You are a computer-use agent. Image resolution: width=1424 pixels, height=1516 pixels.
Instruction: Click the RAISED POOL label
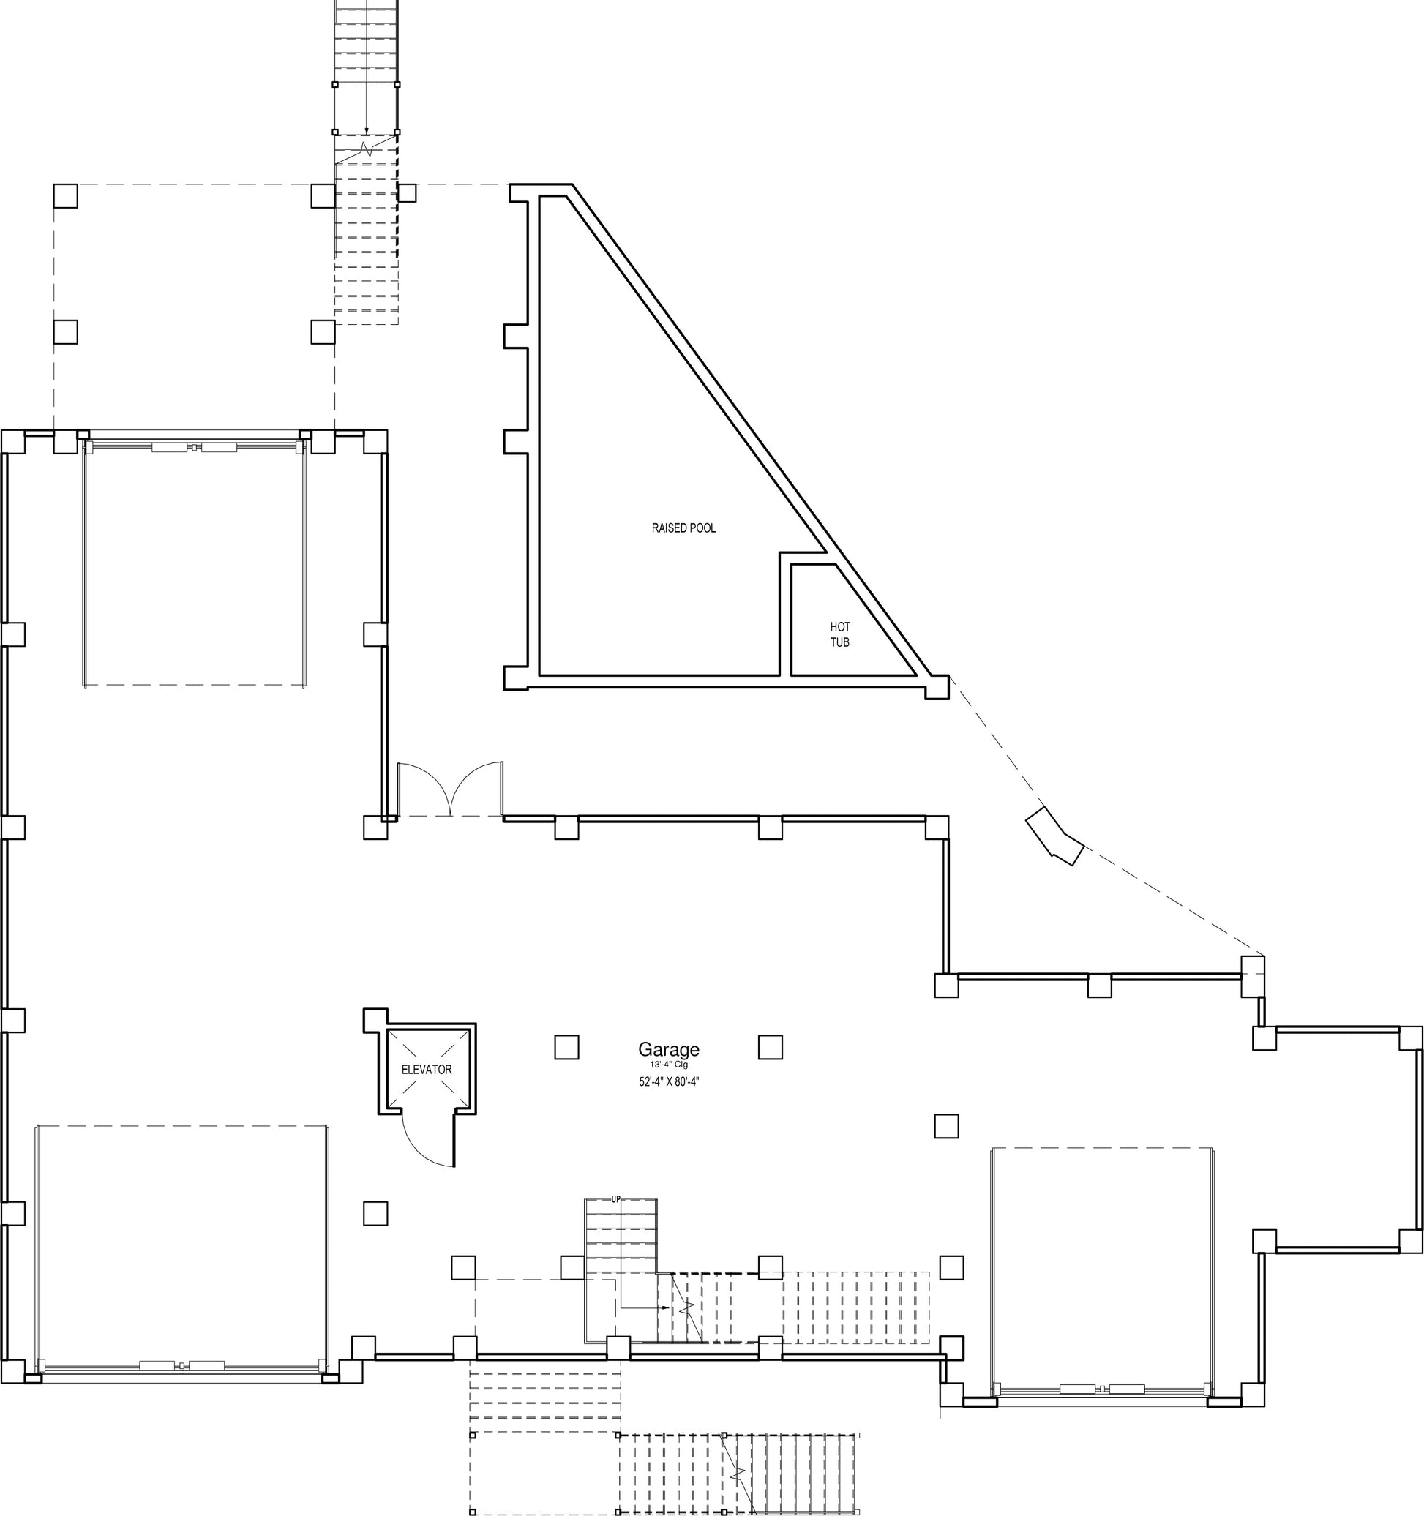pyautogui.click(x=683, y=528)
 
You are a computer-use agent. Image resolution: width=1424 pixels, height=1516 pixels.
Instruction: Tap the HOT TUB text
pyautogui.click(x=840, y=634)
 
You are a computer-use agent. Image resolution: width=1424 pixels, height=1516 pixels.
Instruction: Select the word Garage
pyautogui.click(x=669, y=1050)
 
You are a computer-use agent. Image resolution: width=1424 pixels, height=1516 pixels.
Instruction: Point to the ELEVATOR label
pyautogui.click(x=427, y=1069)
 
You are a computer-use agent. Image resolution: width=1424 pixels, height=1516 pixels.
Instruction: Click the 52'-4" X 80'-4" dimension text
pyautogui.click(x=669, y=1081)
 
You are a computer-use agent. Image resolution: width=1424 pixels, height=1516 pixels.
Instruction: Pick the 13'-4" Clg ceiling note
pyautogui.click(x=669, y=1064)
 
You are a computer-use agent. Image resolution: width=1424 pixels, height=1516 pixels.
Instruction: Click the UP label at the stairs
pyautogui.click(x=615, y=1199)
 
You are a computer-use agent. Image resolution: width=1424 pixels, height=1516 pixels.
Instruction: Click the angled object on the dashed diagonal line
pyautogui.click(x=1055, y=836)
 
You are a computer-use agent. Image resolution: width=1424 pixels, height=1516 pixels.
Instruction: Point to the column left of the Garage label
pyautogui.click(x=566, y=1047)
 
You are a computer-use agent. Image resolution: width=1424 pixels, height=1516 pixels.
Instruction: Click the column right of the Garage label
pyautogui.click(x=771, y=1047)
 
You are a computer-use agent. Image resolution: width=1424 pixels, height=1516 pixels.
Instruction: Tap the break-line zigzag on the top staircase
pyautogui.click(x=367, y=147)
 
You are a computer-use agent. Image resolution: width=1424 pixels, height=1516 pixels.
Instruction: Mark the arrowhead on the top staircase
pyautogui.click(x=366, y=131)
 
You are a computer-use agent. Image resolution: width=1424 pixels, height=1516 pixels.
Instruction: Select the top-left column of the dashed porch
pyautogui.click(x=66, y=196)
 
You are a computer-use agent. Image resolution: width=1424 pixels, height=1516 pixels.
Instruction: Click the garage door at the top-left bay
pyautogui.click(x=195, y=447)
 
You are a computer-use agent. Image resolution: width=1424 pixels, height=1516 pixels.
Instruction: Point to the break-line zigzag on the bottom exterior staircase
pyautogui.click(x=737, y=1474)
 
